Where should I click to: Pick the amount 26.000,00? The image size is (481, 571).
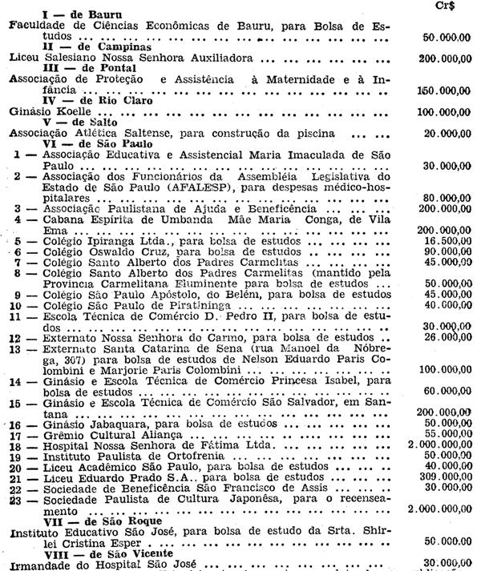pos(447,338)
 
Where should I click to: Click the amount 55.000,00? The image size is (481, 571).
pos(447,433)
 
